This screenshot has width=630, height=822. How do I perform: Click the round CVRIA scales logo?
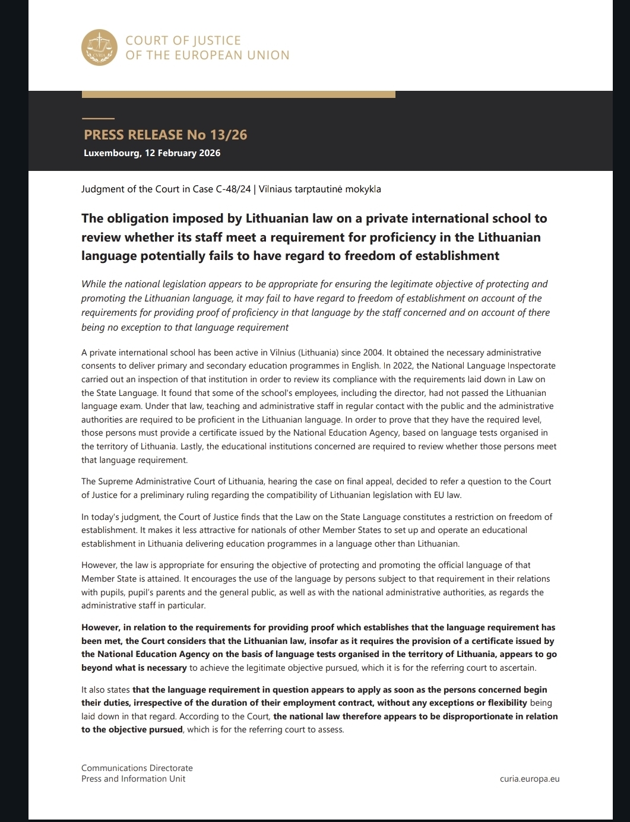coord(99,48)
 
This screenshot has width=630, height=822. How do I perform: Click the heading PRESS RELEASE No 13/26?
coord(165,135)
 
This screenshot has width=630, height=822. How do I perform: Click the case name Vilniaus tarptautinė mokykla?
coord(320,189)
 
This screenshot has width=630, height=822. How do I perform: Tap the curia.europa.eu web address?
coord(530,779)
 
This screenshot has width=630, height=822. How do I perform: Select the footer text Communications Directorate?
coord(137,768)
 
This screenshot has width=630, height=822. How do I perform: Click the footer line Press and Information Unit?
coord(133,779)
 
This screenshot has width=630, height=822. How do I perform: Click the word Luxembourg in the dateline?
coord(112,153)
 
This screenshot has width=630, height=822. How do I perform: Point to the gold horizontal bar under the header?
coord(238,94)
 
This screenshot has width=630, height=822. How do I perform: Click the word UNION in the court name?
coord(268,55)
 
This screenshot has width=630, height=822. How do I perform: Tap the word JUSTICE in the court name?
coord(216,40)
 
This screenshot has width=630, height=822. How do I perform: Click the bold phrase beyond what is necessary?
coord(134,668)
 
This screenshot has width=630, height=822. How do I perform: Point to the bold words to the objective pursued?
coord(132,729)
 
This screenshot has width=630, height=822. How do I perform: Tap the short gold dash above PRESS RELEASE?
coord(98,119)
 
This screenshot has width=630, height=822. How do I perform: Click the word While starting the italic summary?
coord(93,284)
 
